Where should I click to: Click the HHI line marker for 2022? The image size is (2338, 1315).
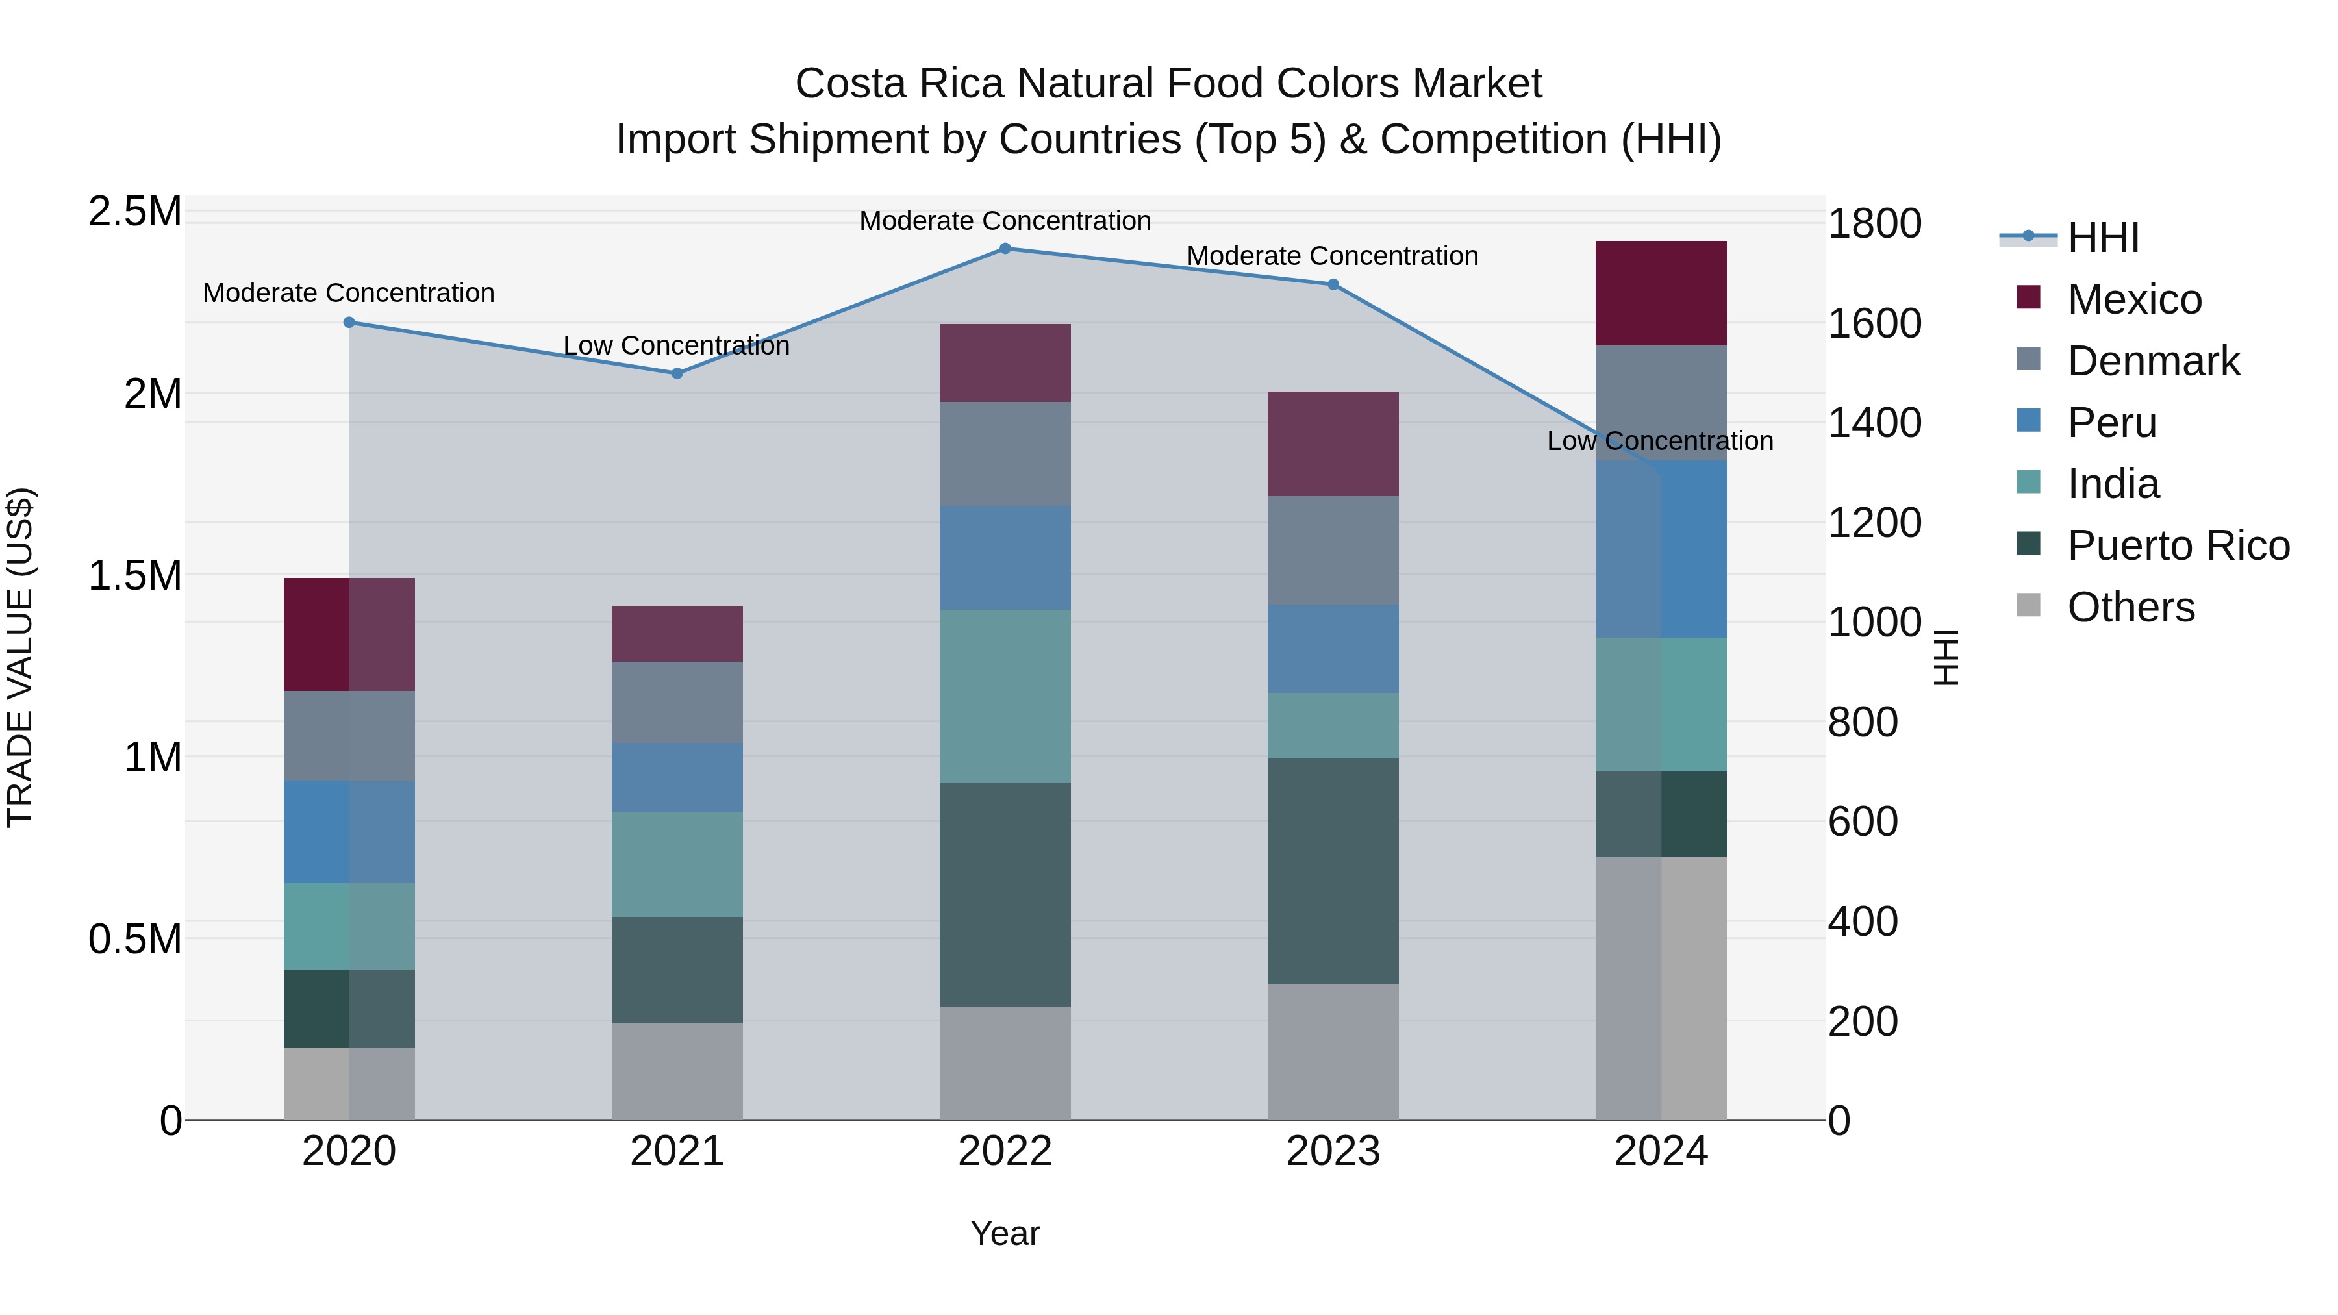1005,248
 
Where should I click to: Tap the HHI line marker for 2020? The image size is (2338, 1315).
349,322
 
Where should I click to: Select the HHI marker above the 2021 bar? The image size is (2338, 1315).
677,373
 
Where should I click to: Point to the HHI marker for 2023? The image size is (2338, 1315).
1333,284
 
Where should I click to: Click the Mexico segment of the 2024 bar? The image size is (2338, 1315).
1661,293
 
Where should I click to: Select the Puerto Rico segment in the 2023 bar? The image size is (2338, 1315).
1333,871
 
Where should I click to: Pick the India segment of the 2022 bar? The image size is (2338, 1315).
1005,696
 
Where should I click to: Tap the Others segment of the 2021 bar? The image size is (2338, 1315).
677,1071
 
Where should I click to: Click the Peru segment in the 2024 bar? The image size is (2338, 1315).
1661,549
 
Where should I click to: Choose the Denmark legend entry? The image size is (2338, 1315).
2153,361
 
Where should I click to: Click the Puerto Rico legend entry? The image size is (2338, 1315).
2178,545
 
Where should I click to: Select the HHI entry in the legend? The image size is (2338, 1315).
2103,238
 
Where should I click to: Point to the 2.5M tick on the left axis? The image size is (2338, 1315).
134,212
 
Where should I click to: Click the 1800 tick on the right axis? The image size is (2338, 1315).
1874,223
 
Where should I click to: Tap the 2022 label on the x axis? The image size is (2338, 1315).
1005,1151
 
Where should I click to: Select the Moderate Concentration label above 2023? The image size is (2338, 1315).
1333,256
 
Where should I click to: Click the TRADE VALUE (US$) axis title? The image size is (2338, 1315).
20,657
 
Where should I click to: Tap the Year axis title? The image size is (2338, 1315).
1005,1233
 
